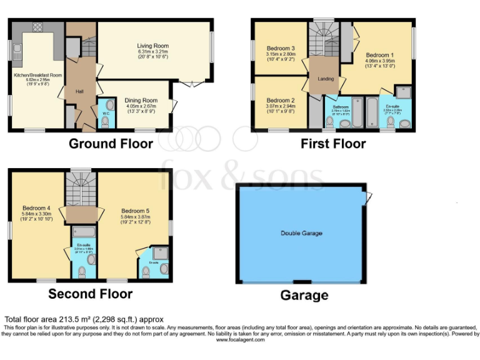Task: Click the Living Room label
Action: click(153, 46)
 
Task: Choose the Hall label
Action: click(80, 91)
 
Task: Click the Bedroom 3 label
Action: click(281, 48)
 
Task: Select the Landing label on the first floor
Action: click(326, 79)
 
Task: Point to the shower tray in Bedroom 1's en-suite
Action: click(403, 94)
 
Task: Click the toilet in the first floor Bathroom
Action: click(329, 121)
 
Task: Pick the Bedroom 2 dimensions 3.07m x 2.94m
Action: click(281, 106)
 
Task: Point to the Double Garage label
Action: click(301, 233)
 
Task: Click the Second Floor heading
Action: click(90, 293)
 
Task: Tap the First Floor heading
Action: click(333, 144)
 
